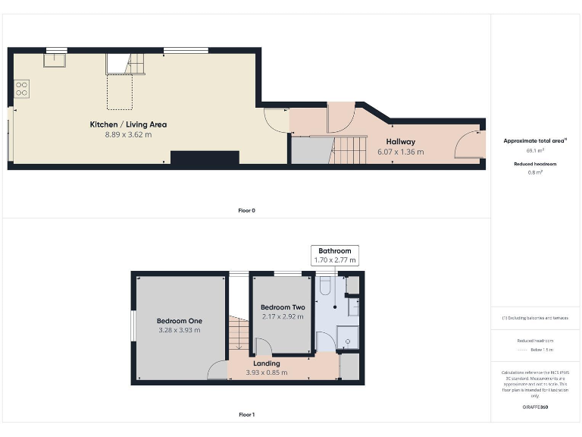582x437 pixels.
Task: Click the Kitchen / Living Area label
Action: tap(128, 124)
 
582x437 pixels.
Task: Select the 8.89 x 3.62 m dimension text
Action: tap(128, 134)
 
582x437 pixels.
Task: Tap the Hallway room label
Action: tap(400, 141)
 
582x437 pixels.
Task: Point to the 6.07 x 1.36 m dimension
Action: tap(400, 152)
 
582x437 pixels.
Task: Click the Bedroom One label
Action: tap(179, 320)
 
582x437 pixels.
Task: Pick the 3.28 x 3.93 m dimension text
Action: tap(179, 330)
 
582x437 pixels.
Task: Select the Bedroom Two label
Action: tap(282, 307)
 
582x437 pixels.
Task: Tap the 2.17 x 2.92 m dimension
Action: tap(282, 316)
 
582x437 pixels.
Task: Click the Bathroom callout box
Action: tap(334, 256)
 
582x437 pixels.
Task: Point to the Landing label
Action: tap(266, 363)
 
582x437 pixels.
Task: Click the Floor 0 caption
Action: tap(246, 210)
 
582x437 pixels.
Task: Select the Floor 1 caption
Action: tap(246, 415)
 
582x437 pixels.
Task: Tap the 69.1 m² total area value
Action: tap(535, 151)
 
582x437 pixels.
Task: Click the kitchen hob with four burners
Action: tap(21, 89)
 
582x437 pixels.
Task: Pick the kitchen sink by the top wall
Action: tap(55, 59)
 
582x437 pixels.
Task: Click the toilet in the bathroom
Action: tap(325, 285)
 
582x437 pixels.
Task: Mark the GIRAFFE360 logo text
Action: tap(535, 407)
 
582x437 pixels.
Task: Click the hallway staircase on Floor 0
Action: tap(349, 150)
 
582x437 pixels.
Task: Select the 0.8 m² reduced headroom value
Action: tap(535, 172)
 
